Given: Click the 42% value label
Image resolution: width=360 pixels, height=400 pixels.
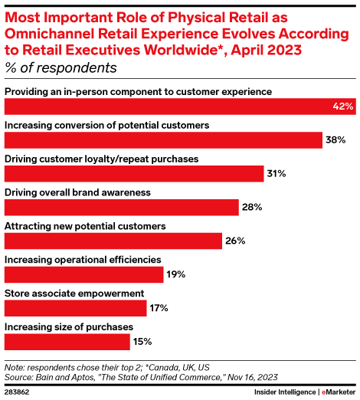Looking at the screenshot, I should pyautogui.click(x=342, y=107).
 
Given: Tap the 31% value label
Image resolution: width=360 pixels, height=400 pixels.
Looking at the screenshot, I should pyautogui.click(x=276, y=174).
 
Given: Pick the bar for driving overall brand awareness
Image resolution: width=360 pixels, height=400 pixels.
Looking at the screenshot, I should pyautogui.click(x=121, y=208).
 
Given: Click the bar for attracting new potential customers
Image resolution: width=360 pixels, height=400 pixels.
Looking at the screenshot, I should pyautogui.click(x=113, y=241).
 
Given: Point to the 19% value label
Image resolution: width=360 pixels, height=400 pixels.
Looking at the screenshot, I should pyautogui.click(x=177, y=274).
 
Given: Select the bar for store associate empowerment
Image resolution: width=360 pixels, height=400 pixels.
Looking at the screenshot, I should pyautogui.click(x=75, y=308).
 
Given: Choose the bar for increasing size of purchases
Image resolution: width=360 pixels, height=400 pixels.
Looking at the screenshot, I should pyautogui.click(x=67, y=341).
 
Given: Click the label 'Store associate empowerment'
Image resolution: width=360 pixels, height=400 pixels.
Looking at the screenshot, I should pyautogui.click(x=64, y=293).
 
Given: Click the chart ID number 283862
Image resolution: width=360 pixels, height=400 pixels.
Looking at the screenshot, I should pyautogui.click(x=18, y=392).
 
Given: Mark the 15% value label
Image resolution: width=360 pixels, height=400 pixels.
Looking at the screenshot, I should pyautogui.click(x=143, y=341).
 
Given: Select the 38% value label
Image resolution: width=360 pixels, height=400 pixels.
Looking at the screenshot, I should pyautogui.click(x=335, y=140).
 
